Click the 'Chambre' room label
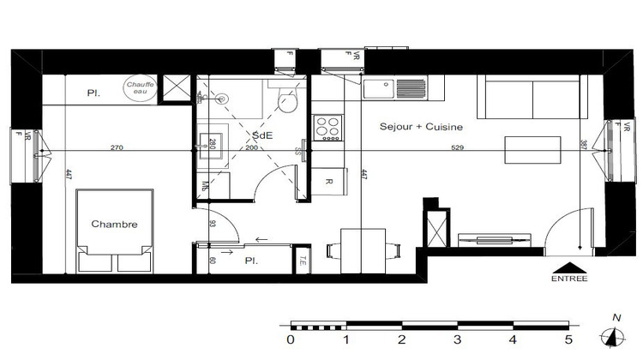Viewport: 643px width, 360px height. coord(114,225)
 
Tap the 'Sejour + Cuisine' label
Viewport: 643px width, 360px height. coord(421,127)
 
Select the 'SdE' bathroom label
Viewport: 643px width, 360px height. coord(261,135)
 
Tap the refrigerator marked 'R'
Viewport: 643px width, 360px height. coord(329,182)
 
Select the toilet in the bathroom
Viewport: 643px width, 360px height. coord(288,102)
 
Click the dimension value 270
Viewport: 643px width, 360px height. coord(117,148)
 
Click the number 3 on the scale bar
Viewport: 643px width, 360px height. coord(458,340)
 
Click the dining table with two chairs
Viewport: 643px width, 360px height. coord(363,249)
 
